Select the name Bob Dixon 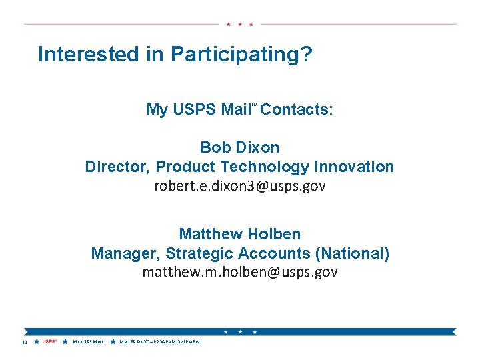tap(240, 147)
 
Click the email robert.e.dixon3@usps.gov tap(240, 186)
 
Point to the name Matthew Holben tap(240, 234)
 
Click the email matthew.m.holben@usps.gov tap(240, 272)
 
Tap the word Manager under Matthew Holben tap(125, 253)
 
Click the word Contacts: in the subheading tap(297, 109)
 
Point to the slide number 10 tap(24, 343)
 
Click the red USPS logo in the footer tap(49, 342)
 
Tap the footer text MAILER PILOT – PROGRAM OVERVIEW tap(160, 343)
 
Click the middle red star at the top tap(240, 24)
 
